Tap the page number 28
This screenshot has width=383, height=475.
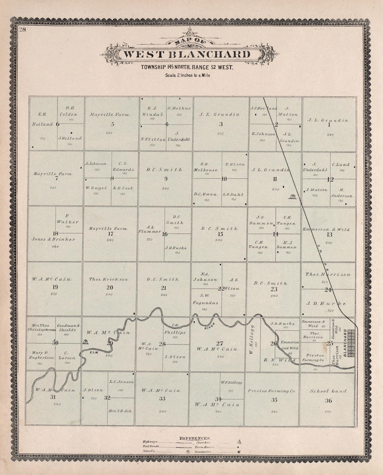[23, 29]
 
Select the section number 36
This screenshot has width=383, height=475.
[328, 401]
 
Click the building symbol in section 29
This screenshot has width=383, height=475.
[84, 342]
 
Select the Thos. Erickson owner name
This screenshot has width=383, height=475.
[108, 279]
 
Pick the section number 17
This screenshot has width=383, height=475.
[110, 234]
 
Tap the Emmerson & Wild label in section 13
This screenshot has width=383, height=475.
[326, 230]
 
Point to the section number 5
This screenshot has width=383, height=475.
[112, 123]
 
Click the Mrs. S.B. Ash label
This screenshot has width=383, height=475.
[120, 411]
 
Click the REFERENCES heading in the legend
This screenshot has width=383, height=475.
[195, 437]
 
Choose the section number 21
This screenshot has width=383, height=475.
[164, 288]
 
